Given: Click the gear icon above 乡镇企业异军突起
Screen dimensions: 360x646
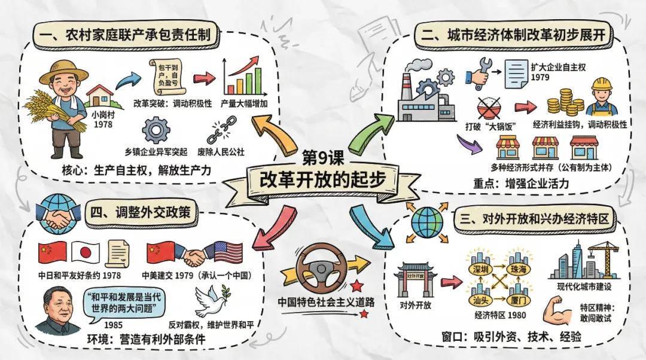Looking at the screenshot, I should pyautogui.click(x=156, y=130).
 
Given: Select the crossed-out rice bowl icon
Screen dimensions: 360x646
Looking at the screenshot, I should pyautogui.click(x=490, y=109).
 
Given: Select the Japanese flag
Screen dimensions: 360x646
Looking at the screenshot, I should pyautogui.click(x=84, y=254).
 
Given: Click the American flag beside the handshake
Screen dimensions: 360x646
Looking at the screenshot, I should pyautogui.click(x=228, y=253).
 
